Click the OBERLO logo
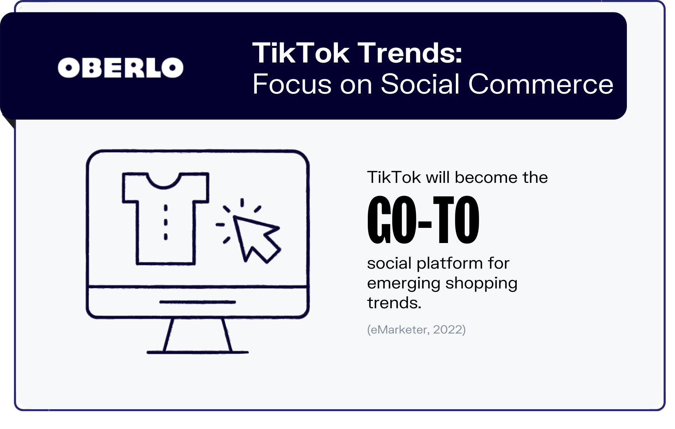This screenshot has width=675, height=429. click(x=120, y=68)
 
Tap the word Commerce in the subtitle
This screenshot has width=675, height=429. click(x=541, y=84)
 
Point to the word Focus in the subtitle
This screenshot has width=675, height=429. click(x=292, y=84)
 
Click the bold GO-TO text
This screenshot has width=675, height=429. click(x=423, y=220)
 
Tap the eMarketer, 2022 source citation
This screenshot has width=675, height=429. click(x=416, y=330)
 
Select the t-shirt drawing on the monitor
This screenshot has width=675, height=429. click(x=166, y=219)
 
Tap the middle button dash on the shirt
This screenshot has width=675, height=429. click(x=166, y=222)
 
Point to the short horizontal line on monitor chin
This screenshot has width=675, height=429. click(x=197, y=302)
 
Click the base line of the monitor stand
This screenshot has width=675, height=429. click(x=197, y=352)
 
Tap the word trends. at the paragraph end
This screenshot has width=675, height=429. click(x=394, y=303)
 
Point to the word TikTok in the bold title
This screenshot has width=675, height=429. click(x=301, y=53)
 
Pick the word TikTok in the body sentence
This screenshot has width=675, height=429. click(x=394, y=177)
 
